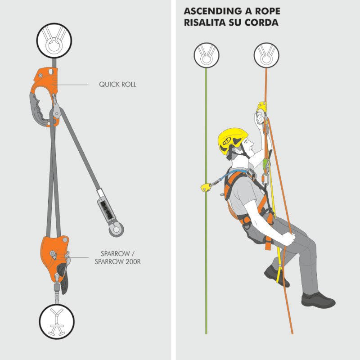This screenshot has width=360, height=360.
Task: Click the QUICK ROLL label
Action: [x=117, y=85]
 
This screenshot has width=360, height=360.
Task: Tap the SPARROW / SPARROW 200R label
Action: [x=117, y=257]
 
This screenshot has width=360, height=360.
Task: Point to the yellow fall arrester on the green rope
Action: [x=206, y=187]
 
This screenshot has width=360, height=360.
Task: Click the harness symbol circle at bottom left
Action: [x=57, y=321]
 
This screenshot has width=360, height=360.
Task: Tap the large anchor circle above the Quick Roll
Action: [x=54, y=40]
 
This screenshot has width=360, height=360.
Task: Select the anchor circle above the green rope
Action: [x=207, y=55]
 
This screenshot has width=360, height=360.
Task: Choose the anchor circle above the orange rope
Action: [x=266, y=55]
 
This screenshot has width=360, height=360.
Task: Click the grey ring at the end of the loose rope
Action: [x=116, y=229]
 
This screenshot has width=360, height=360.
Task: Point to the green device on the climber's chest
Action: [x=266, y=164]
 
